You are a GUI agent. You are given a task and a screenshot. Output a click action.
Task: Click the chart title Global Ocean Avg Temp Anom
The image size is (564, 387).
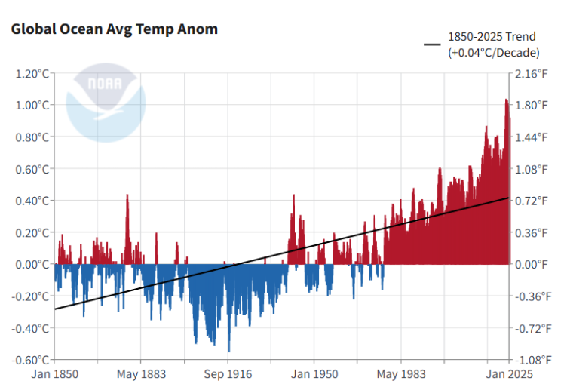[114, 29]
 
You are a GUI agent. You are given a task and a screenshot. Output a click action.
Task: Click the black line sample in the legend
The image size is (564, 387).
[432, 44]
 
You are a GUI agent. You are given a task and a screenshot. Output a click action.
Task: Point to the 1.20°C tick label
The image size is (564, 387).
[31, 74]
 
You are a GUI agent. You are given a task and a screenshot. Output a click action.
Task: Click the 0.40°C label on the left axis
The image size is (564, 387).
[31, 201]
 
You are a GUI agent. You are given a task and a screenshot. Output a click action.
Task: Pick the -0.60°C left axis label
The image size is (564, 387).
[29, 360]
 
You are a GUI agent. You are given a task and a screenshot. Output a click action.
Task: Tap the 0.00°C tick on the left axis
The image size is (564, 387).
[31, 264]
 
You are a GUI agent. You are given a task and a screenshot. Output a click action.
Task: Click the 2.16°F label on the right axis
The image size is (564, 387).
[532, 74]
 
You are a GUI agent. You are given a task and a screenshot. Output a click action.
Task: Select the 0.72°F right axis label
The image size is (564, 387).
[532, 201]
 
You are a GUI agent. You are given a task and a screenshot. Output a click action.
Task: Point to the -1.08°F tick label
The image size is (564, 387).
[530, 360]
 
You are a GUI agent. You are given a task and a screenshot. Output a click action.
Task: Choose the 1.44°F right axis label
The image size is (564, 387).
[532, 137]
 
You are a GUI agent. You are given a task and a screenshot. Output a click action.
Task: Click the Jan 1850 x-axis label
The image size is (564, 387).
[55, 374]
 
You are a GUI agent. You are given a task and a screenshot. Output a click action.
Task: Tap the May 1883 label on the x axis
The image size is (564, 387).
[141, 374]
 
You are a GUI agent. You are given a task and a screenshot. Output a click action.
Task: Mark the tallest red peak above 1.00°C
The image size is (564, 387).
[507, 101]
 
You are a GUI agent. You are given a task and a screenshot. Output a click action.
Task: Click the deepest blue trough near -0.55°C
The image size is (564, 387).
[228, 350]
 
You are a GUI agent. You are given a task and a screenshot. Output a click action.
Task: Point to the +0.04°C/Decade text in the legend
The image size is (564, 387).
[494, 52]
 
